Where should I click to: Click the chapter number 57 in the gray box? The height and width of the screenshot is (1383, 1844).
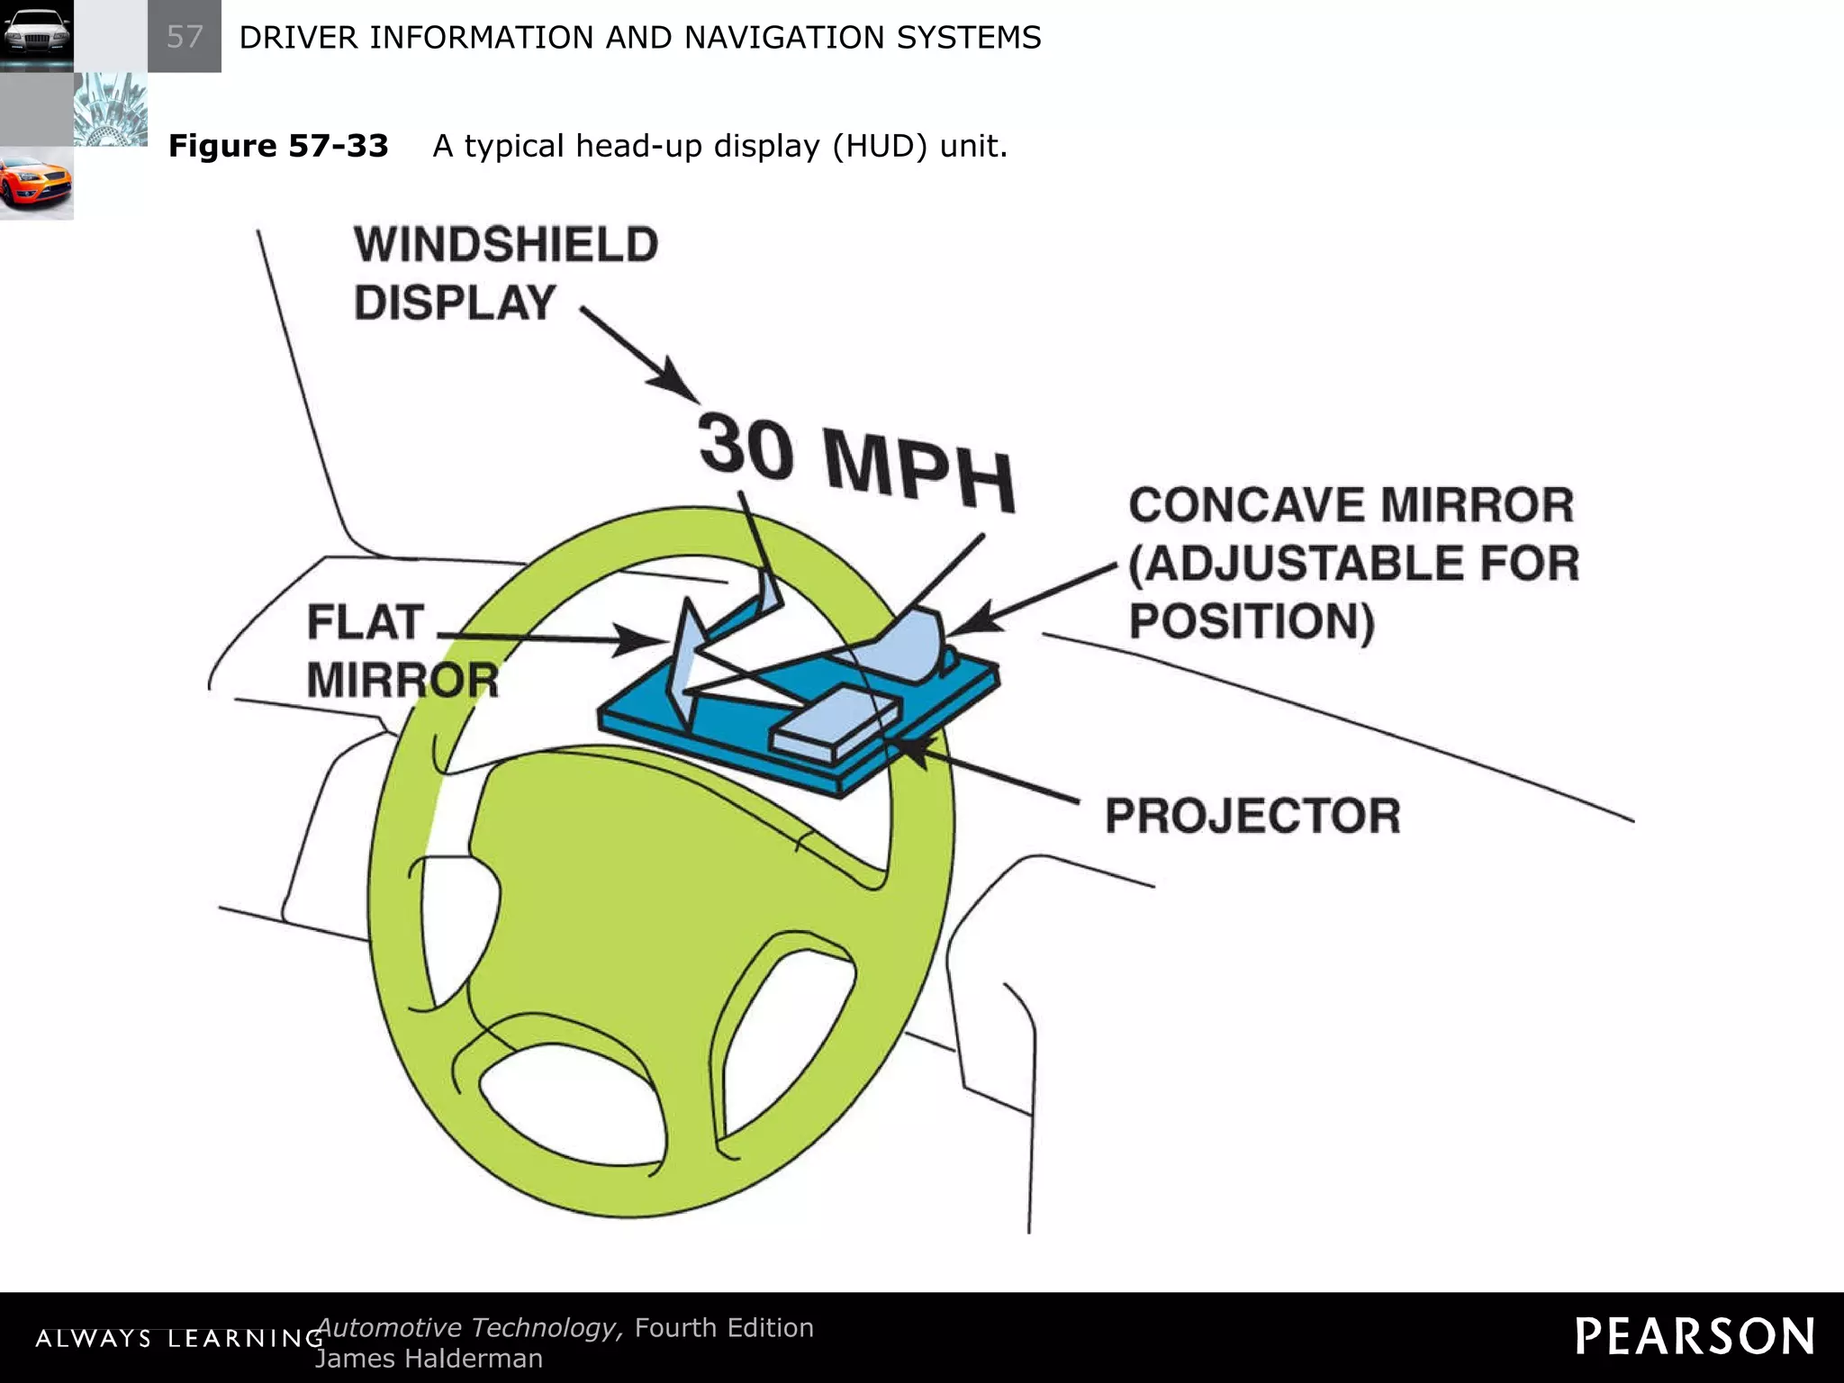185,37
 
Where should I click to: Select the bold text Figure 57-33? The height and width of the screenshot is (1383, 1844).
278,146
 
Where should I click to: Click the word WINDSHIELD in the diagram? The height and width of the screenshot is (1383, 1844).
506,245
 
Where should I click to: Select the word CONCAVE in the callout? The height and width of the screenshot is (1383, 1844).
1248,505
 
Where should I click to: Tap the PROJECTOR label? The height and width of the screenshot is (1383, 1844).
1252,816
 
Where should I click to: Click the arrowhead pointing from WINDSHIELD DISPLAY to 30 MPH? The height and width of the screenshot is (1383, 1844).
677,380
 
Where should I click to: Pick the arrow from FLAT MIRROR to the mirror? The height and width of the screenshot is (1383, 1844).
549,638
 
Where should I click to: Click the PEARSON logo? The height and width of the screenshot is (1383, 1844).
1695,1336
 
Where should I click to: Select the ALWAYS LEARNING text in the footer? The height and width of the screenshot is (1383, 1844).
178,1339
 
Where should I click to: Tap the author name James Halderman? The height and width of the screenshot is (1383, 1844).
429,1359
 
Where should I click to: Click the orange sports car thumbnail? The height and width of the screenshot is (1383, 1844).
36,183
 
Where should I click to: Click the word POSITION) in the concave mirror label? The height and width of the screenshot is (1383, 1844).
1252,622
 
